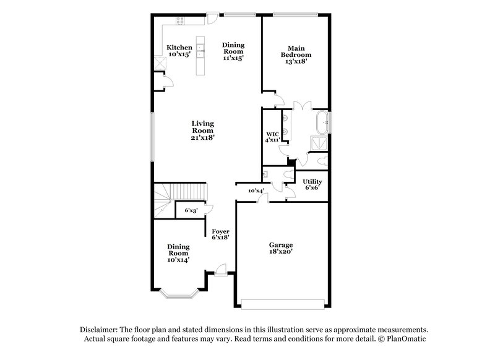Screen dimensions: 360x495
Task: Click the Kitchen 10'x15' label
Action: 180,51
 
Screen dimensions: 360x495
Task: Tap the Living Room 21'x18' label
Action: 202,131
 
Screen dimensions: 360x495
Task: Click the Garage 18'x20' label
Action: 280,248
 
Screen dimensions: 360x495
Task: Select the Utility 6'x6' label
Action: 312,184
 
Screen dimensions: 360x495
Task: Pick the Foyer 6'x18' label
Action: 221,235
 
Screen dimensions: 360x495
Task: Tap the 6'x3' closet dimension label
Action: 191,211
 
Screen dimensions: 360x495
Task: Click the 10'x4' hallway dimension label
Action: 256,191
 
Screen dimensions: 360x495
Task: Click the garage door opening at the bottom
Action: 282,304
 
